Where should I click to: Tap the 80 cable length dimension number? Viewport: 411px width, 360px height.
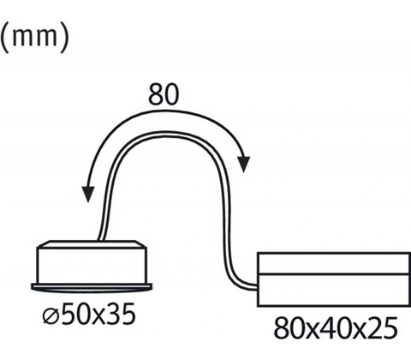[164, 94]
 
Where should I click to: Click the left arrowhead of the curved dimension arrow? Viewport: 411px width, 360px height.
[88, 195]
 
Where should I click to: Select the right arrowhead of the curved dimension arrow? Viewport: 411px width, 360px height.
[243, 165]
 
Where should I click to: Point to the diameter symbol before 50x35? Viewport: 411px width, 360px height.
[51, 315]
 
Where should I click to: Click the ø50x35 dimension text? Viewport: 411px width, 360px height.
[89, 315]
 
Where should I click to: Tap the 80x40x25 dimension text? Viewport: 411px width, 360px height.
[336, 328]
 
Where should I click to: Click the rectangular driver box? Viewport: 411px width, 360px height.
[333, 279]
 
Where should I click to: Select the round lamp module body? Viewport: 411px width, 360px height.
[92, 265]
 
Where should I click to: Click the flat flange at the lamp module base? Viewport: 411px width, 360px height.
[92, 287]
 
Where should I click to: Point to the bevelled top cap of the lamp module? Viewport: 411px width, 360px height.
[92, 243]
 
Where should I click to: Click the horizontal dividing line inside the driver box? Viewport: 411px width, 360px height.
[333, 274]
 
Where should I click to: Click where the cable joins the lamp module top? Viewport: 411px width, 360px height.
[101, 239]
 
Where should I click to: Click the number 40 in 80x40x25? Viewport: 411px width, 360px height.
[336, 328]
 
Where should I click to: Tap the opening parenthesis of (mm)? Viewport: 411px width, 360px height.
[4, 39]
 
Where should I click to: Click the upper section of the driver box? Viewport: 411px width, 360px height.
[333, 263]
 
